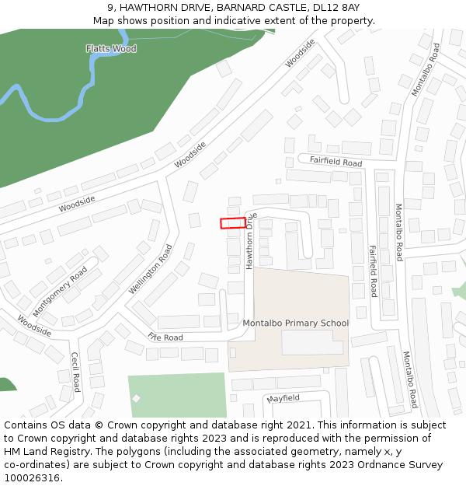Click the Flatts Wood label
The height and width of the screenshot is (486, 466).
111,48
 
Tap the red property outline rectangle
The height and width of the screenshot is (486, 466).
232,223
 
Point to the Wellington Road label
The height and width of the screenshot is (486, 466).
151,269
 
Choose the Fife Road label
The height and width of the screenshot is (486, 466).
165,337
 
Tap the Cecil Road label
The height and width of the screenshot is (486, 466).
75,372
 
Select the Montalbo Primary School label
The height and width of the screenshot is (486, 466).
296,323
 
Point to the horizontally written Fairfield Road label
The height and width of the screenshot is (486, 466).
336,163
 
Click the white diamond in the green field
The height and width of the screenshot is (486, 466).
137,398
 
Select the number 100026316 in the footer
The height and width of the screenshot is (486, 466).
32,477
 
